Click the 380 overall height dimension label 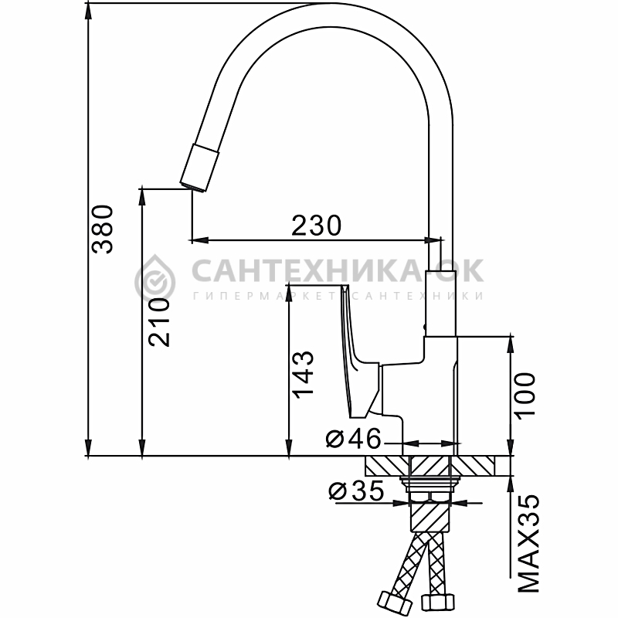click(103, 229)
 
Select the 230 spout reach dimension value click(316, 225)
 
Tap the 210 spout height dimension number click(159, 322)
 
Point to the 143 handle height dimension click(303, 374)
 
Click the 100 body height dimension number click(525, 396)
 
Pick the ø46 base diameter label click(354, 438)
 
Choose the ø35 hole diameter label click(356, 491)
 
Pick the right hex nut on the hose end click(437, 603)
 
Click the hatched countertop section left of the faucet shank click(387, 466)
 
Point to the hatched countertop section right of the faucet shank click(473, 466)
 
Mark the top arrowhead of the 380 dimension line click(89, 12)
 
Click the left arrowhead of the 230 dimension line click(200, 239)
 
